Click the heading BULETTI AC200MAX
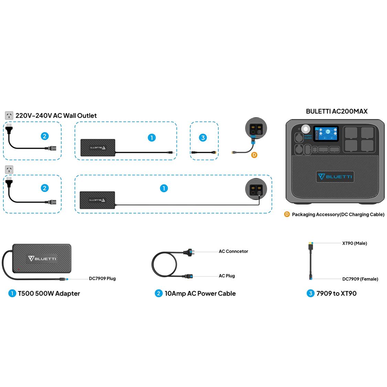tap(336, 111)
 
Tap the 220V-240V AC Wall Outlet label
tap(56, 116)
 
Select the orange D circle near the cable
tap(254, 155)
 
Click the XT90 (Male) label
tap(354, 243)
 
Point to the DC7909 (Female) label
tap(360, 279)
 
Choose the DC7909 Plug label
tap(102, 278)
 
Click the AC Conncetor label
tap(233, 251)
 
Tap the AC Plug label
tap(227, 276)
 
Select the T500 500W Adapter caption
tap(49, 293)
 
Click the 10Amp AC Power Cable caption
tap(200, 293)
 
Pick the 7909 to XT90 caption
tap(336, 293)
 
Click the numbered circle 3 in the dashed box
tap(203, 138)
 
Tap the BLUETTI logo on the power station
tap(335, 176)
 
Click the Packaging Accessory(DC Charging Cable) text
tap(338, 214)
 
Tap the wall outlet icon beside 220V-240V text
tap(9, 116)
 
